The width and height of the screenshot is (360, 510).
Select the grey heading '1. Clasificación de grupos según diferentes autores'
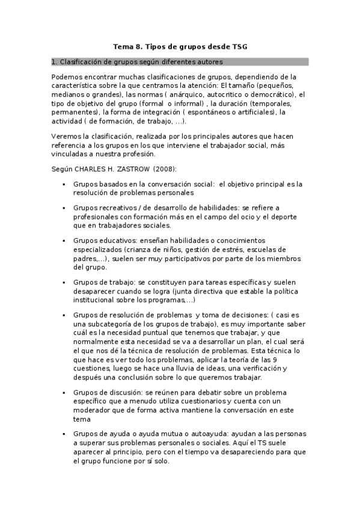point(138,62)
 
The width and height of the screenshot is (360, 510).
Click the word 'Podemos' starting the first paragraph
point(68,77)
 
